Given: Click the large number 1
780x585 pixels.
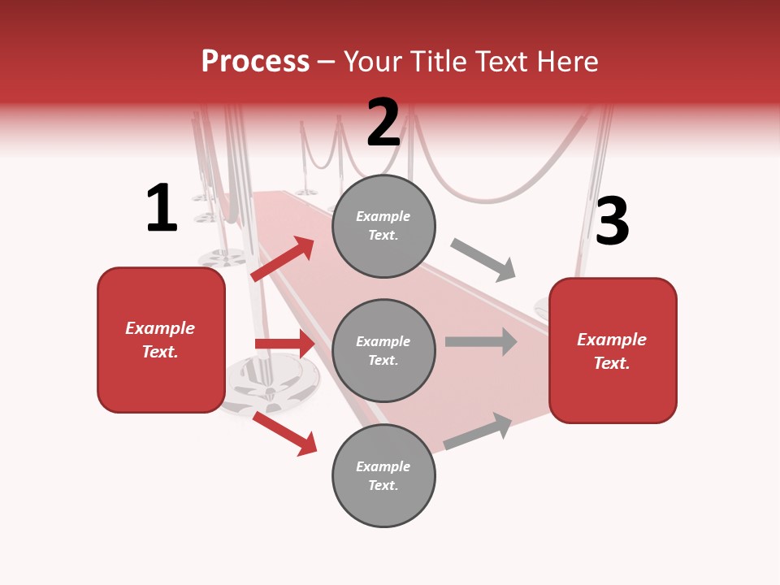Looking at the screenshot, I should click(162, 209).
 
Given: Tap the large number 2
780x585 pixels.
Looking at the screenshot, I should click(383, 123).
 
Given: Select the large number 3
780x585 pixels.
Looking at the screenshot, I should click(612, 222).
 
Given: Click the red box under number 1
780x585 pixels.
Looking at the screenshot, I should click(161, 340).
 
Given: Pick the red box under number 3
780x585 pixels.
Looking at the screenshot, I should click(613, 350).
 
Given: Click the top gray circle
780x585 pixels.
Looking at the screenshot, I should click(383, 226).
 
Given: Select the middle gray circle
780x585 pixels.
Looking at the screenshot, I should click(383, 350).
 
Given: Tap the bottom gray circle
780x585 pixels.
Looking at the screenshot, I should click(383, 475).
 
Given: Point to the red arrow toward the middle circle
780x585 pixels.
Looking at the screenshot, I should click(284, 344).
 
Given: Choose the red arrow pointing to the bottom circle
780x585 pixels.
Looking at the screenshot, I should click(284, 433).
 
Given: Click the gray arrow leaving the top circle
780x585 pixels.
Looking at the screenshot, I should click(483, 260).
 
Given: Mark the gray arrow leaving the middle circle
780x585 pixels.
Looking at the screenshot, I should click(481, 341).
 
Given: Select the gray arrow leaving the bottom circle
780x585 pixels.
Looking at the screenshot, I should click(479, 431).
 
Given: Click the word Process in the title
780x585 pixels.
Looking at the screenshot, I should click(255, 62).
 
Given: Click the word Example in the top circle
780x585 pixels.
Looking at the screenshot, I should click(383, 216).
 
